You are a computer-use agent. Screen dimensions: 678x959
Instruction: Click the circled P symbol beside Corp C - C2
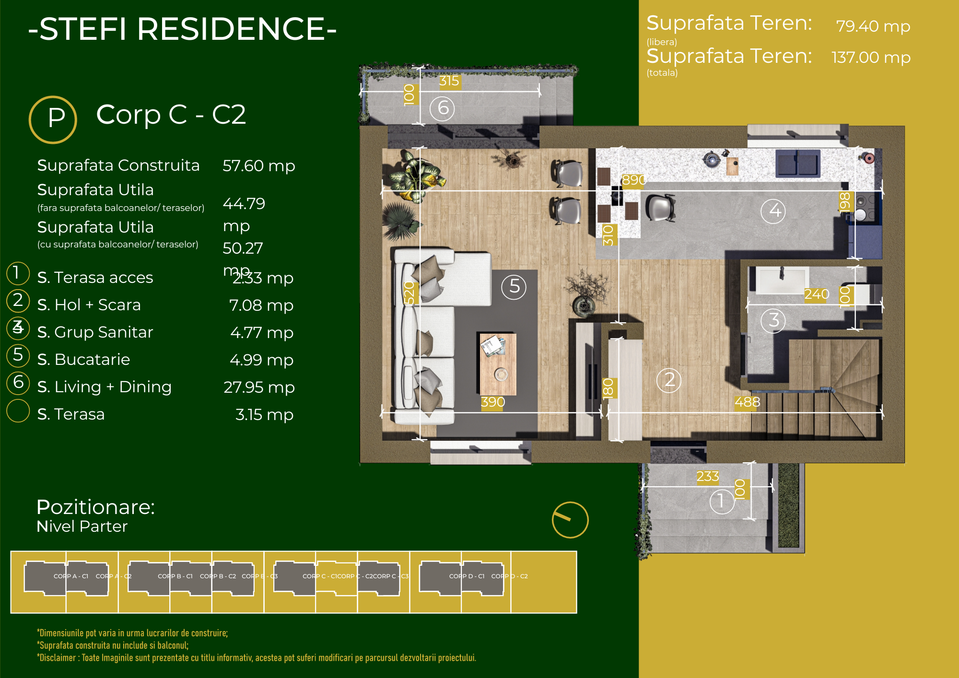53,119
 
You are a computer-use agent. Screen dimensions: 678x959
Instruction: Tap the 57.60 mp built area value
258,166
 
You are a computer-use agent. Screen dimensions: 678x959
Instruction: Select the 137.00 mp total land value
871,58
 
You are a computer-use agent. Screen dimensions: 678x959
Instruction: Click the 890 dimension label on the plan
634,180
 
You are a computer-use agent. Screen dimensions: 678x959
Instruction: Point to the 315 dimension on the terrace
449,81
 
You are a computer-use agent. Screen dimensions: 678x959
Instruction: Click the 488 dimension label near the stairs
747,402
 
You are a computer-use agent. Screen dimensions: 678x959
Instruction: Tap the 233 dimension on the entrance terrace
707,476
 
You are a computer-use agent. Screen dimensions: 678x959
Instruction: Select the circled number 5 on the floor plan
514,287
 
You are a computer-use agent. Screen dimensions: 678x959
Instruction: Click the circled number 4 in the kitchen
773,210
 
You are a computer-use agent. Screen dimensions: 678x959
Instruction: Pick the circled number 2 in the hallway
669,380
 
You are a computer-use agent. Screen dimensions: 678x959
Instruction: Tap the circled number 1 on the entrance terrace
722,501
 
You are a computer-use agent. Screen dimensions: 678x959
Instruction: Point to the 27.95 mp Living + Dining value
259,387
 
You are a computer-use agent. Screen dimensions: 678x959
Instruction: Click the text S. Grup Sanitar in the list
95,332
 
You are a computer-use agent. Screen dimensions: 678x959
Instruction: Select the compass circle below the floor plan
570,520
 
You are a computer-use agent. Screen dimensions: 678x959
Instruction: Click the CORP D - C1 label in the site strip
467,576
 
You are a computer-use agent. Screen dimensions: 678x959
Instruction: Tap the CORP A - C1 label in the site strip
71,576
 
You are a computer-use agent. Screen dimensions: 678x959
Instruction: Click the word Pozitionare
95,507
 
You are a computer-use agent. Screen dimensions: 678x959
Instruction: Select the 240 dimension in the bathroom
817,294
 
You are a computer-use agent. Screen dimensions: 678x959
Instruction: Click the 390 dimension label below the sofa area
493,402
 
